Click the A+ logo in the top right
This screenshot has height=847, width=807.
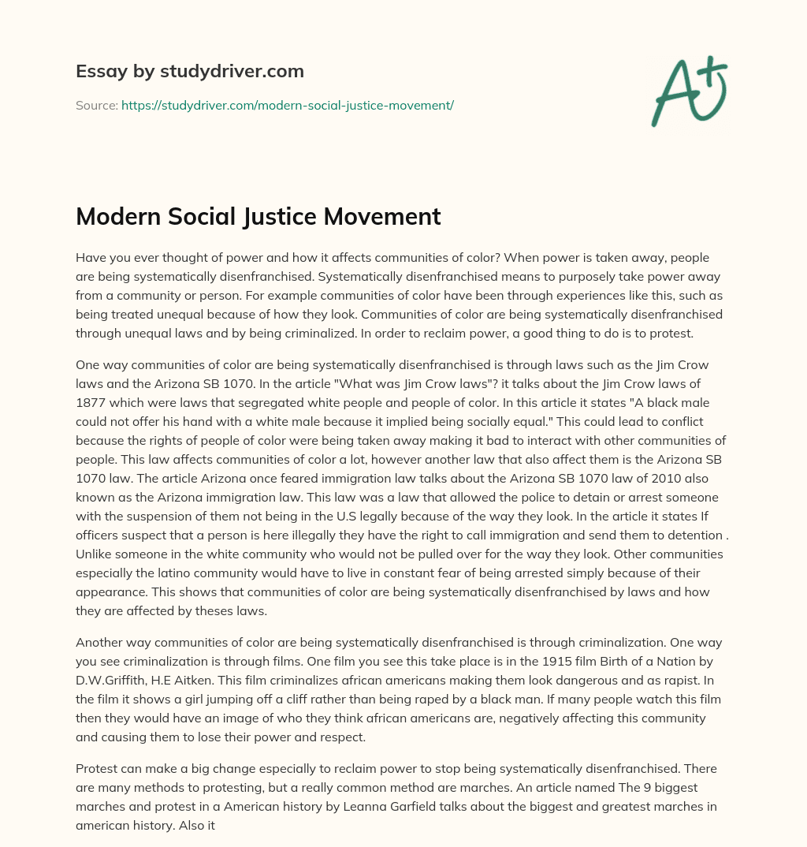(x=688, y=91)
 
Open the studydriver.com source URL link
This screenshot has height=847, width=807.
(x=287, y=105)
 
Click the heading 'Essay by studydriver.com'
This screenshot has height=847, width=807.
(x=189, y=71)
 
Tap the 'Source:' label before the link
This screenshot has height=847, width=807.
(x=97, y=105)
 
